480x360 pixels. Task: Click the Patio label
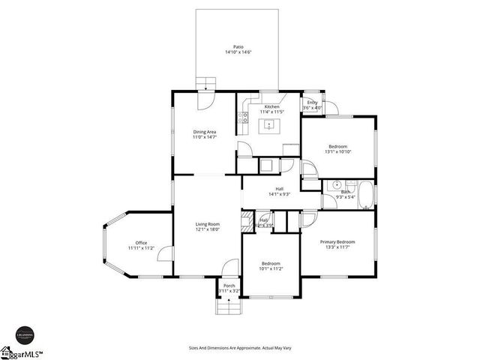click(x=237, y=46)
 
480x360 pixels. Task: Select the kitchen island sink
click(x=269, y=124)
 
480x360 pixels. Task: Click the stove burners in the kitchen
click(x=243, y=117)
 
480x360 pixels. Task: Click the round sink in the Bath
click(x=338, y=184)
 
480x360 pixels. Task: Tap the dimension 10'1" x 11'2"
click(x=270, y=268)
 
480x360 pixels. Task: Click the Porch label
click(x=228, y=286)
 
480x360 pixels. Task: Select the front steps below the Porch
click(x=228, y=306)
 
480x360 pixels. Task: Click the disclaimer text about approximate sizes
click(x=239, y=347)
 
